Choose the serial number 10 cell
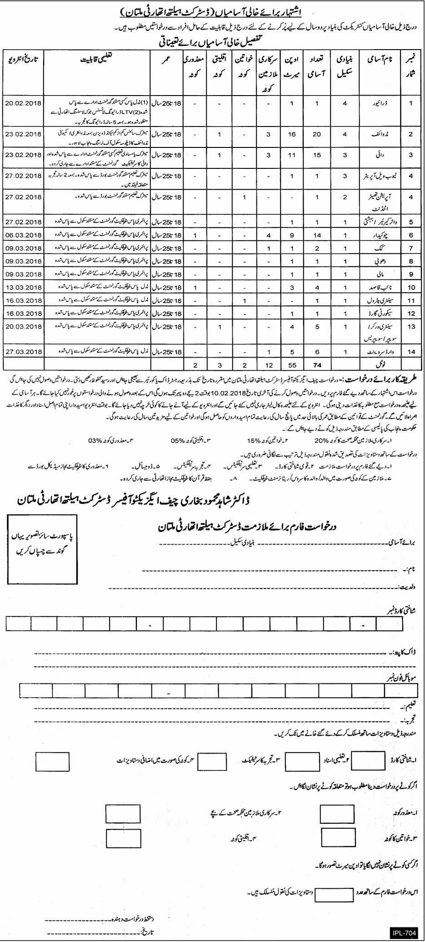410,288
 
